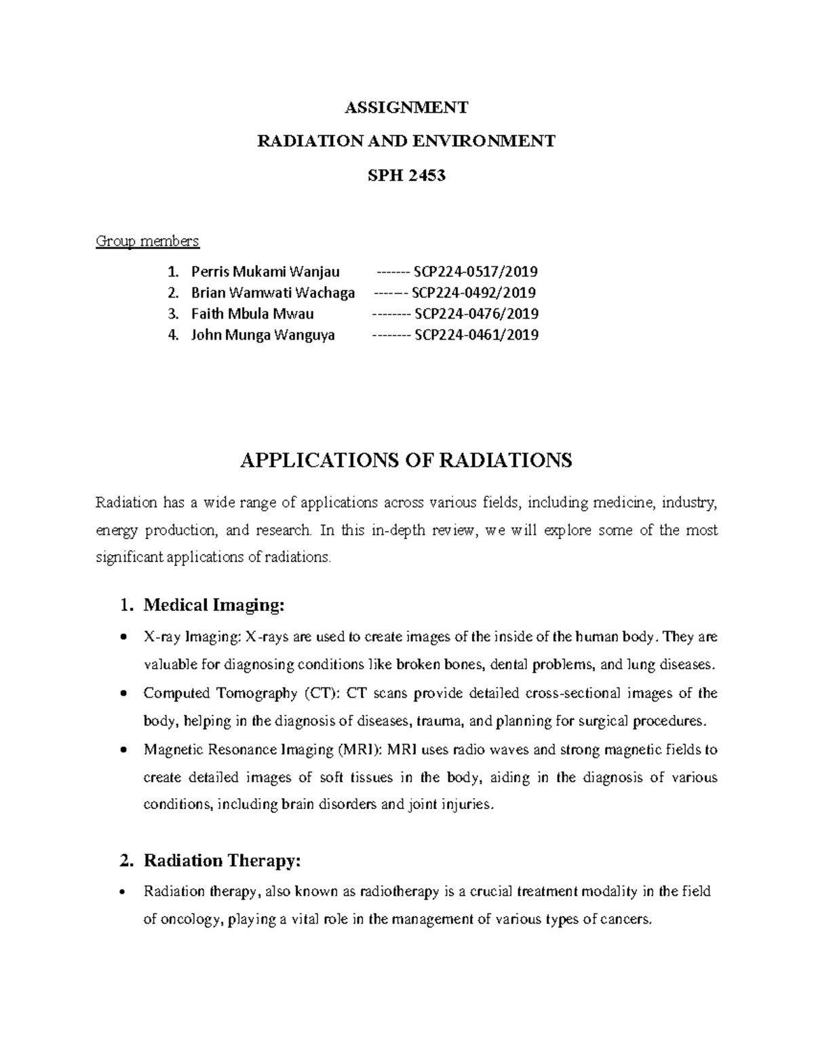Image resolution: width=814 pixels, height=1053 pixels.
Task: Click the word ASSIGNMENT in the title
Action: coord(406,108)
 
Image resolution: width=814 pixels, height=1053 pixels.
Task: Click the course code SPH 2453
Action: coord(406,176)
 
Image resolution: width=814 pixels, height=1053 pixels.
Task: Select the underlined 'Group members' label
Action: coord(147,241)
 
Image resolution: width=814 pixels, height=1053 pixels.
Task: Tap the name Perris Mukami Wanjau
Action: coord(265,273)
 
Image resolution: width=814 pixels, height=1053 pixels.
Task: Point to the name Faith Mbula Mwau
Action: coord(252,314)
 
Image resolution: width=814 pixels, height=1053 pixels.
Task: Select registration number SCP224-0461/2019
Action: coord(476,335)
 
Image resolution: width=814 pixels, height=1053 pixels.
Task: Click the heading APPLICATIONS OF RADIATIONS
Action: coord(406,461)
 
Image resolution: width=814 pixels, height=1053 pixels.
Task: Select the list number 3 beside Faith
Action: coord(173,314)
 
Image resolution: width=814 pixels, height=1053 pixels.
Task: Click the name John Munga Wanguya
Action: coord(263,335)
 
